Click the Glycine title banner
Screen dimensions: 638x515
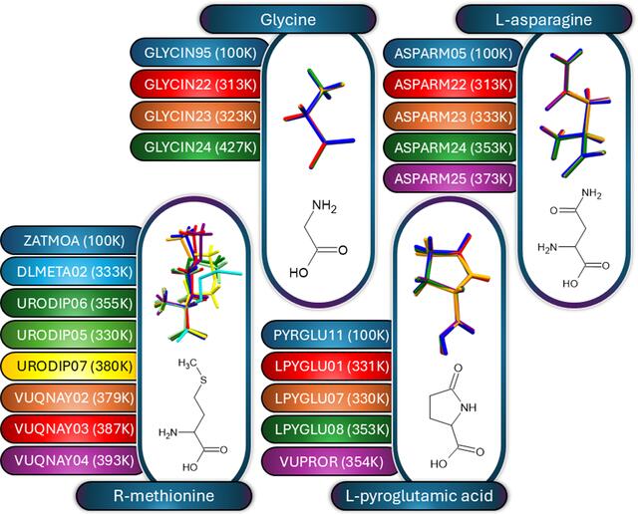coord(288,19)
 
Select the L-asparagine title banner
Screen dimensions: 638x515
coord(544,19)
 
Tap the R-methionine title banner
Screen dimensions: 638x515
coord(163,496)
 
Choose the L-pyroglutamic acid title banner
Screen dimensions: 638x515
coord(419,496)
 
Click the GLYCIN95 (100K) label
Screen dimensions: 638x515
coord(199,53)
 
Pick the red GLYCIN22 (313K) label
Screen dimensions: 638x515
coord(196,85)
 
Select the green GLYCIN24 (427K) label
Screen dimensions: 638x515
coord(196,147)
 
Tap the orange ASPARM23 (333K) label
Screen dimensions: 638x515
coord(451,117)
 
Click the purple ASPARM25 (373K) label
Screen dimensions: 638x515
coord(451,179)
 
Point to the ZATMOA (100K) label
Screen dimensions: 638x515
coord(73,241)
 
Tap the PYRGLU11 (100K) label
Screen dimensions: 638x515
coord(329,335)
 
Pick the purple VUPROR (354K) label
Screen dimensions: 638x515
coord(330,462)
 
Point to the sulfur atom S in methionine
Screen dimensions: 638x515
coord(203,381)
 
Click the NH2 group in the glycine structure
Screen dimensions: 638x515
coord(324,206)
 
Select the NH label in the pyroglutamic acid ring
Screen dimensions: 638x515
coord(468,407)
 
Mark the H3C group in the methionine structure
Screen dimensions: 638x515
coord(187,363)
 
